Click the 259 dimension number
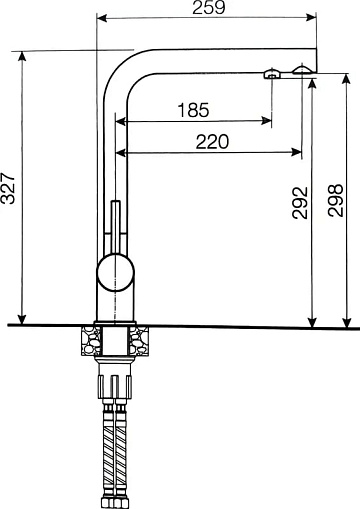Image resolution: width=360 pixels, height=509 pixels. (209, 7)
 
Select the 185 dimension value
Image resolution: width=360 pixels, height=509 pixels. (193, 110)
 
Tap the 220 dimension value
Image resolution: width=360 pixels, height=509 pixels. (212, 142)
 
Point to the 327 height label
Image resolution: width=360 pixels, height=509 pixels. (8, 188)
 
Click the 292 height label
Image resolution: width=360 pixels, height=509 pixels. (300, 203)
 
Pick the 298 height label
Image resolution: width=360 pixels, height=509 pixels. (335, 200)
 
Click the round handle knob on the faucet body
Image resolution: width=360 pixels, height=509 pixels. (115, 272)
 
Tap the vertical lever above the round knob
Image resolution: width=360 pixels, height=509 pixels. (115, 228)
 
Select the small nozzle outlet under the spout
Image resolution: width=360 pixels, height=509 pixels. (272, 74)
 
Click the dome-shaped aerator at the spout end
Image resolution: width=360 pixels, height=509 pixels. (302, 69)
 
